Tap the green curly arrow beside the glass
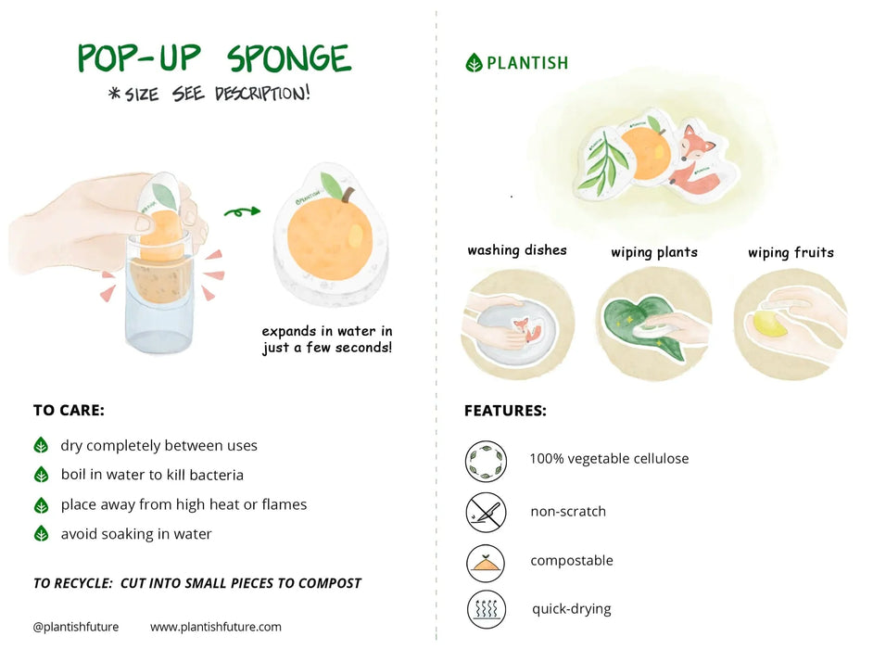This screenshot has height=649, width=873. point(243,212)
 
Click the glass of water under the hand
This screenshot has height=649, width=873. point(160,306)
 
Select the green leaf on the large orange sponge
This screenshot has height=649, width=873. point(332,185)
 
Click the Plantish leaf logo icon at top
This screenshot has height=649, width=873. point(474,63)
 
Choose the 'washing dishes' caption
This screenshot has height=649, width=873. point(516,250)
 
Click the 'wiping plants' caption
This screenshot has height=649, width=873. point(653,252)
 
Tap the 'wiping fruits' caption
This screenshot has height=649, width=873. point(791,252)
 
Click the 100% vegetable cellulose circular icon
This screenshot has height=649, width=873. point(486,461)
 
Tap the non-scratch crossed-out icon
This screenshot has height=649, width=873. point(486,512)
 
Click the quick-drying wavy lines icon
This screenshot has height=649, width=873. point(486,610)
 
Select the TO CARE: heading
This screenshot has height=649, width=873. point(69,410)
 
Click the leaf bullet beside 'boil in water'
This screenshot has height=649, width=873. point(41,475)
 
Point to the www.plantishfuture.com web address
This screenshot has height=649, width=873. point(215,627)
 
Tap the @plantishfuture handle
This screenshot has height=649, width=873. point(76,627)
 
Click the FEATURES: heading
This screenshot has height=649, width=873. point(505,411)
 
